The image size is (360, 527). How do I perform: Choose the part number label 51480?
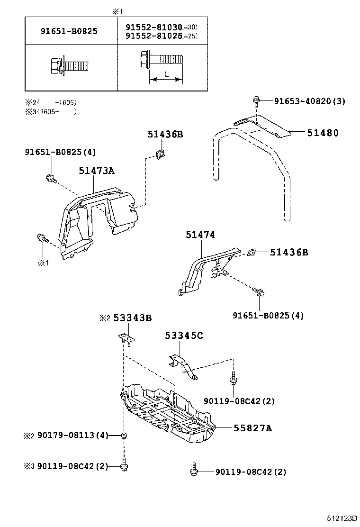click(x=323, y=133)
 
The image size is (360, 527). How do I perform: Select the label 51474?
click(x=200, y=234)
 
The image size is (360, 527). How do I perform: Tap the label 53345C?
click(x=184, y=336)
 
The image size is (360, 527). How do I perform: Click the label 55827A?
click(x=252, y=428)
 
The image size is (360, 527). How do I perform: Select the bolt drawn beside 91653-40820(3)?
click(x=256, y=100)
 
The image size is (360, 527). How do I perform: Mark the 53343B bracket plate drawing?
click(x=126, y=338)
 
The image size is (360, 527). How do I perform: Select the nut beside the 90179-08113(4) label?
click(x=124, y=436)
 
